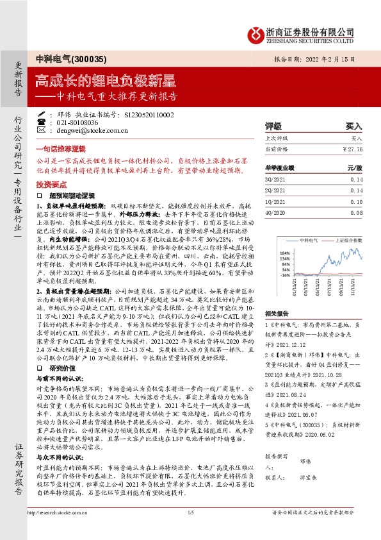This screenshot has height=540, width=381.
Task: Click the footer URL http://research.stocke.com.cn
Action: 59,530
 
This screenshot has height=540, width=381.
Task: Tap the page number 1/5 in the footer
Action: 191,530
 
